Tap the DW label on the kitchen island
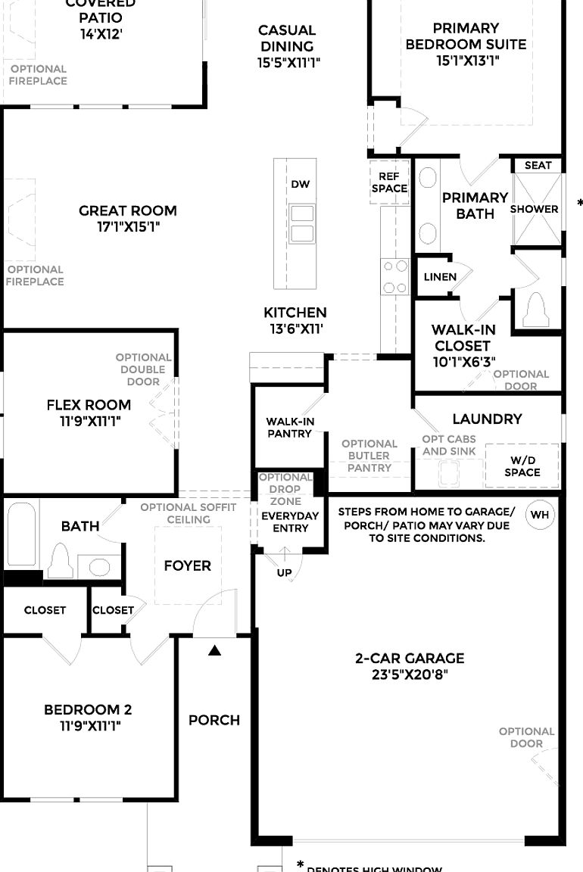pos(300,185)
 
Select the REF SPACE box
pos(389,182)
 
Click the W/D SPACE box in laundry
pos(522,466)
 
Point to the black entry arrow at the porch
pos(215,649)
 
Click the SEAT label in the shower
pos(538,165)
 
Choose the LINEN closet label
pos(440,276)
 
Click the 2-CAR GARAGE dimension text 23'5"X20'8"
pos(410,674)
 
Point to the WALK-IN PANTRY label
pos(289,428)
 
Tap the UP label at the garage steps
pos(284,573)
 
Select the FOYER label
pos(187,565)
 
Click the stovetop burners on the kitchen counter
pos(394,276)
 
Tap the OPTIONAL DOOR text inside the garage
pos(526,737)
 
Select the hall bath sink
pos(98,567)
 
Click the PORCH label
pos(214,720)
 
